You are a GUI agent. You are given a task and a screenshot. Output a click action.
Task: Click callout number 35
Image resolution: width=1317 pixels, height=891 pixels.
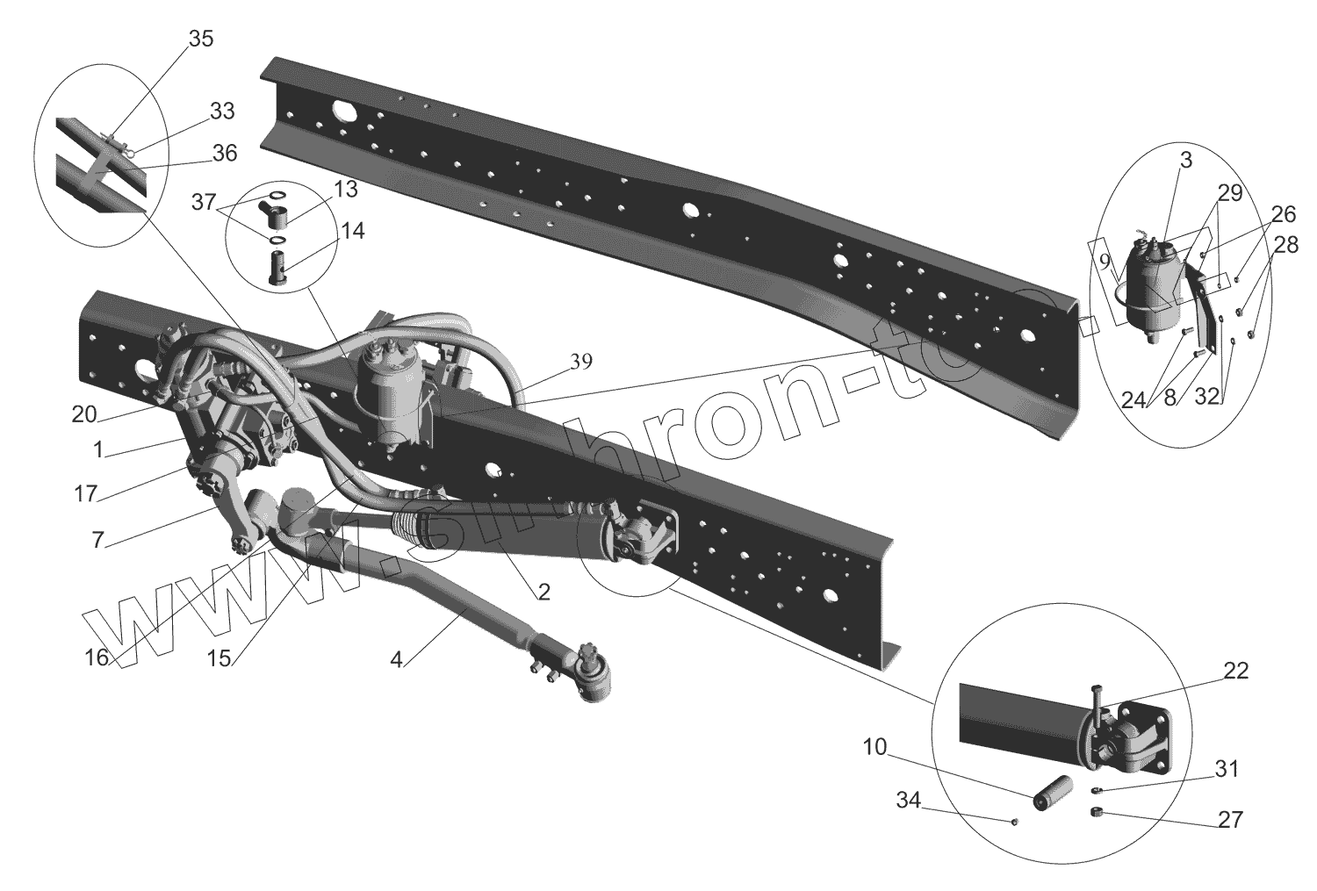[x=200, y=40]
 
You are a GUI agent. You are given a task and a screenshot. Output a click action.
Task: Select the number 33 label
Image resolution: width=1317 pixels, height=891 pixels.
[x=221, y=111]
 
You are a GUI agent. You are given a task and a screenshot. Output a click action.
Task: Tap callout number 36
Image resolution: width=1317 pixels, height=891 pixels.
[x=224, y=153]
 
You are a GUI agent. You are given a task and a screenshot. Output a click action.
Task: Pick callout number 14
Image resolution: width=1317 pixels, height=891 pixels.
[x=352, y=231]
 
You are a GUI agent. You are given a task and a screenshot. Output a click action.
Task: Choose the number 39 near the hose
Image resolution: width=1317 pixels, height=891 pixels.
[x=580, y=361]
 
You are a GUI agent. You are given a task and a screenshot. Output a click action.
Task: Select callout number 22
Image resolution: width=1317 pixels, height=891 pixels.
[x=1234, y=672]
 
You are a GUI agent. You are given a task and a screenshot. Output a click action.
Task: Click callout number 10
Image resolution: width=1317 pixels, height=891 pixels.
[x=874, y=748]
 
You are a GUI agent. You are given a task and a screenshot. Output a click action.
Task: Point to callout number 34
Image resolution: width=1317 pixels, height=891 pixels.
[x=910, y=800]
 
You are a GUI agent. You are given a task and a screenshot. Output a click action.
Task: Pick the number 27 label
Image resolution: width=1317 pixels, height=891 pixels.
[x=1231, y=820]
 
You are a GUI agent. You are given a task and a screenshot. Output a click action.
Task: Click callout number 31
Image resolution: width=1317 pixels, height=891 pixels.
[x=1227, y=769]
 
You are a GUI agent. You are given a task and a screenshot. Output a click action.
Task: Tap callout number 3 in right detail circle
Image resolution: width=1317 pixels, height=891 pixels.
[x=1186, y=160]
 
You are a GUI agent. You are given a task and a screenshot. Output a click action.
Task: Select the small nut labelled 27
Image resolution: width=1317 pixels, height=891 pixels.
[x=1096, y=813]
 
